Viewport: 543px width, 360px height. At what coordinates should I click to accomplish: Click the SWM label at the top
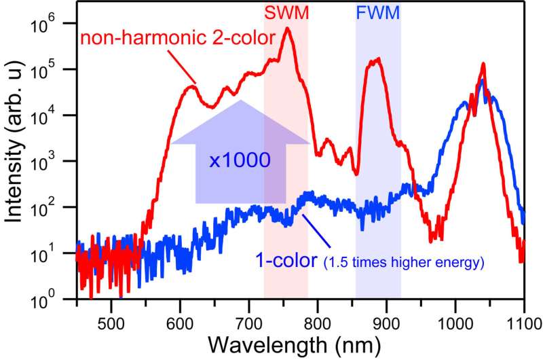coord(286,12)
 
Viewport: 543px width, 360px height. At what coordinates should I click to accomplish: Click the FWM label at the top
coord(378,12)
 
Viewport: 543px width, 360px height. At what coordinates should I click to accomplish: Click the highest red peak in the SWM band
coord(288,29)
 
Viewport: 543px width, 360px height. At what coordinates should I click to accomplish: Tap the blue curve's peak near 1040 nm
coord(482,80)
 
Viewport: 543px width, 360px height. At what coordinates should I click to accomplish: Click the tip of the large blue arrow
coord(240,101)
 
